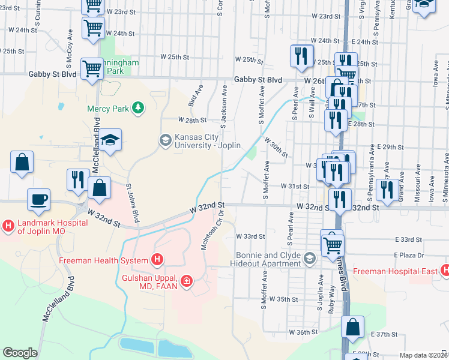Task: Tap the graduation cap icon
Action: click(x=110, y=140)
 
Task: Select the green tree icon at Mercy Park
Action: click(x=139, y=108)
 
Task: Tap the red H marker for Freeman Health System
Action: click(x=157, y=260)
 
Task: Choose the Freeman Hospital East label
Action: click(x=395, y=271)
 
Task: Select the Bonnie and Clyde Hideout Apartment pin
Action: click(x=310, y=259)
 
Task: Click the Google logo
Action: click(x=20, y=353)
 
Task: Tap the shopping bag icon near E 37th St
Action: click(x=353, y=327)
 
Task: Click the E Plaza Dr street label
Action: click(x=409, y=254)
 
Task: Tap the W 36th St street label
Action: click(x=303, y=332)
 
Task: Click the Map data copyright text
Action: click(x=424, y=355)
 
